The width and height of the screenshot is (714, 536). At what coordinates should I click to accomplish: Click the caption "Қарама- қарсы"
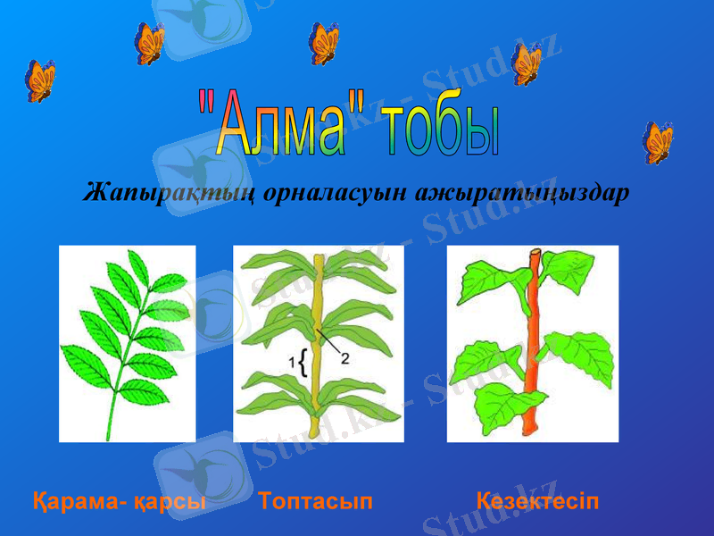[x=119, y=500]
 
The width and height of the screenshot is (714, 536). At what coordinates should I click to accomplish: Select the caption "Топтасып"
[x=316, y=500]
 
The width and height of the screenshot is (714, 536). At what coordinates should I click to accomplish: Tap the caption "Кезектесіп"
[x=538, y=500]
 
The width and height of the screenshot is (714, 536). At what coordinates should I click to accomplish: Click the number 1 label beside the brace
[x=291, y=360]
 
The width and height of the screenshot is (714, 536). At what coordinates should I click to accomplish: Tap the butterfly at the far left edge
[x=40, y=80]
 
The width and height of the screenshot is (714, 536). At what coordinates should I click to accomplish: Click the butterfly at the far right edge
[x=659, y=142]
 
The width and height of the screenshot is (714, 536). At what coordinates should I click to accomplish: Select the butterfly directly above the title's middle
[x=323, y=43]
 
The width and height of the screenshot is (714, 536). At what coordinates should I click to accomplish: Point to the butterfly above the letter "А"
[x=149, y=42]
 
